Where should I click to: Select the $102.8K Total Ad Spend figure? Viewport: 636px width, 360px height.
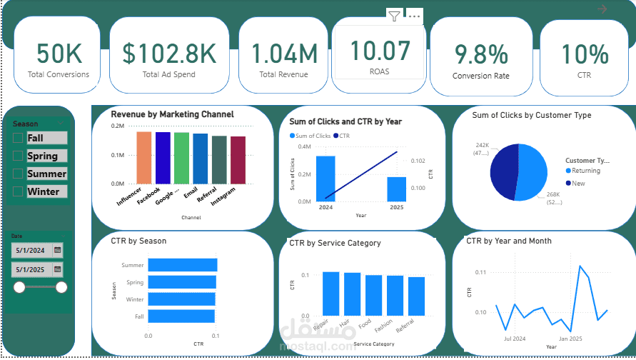coord(168,54)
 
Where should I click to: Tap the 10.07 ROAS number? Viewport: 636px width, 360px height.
coord(380,51)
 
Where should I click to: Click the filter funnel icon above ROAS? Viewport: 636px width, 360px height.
coord(393,15)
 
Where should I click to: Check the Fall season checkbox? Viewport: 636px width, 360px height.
coord(18,138)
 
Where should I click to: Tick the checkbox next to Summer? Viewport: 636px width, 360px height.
coord(18,174)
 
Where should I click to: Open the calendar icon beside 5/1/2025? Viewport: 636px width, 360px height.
coord(57,270)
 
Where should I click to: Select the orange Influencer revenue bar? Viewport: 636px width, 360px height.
coord(144,157)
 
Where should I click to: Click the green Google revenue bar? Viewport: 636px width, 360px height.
coord(181,157)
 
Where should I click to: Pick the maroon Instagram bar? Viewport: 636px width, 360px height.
coord(238,159)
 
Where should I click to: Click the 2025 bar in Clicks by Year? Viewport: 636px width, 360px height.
coord(396,189)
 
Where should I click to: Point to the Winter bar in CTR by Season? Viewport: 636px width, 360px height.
coord(181,299)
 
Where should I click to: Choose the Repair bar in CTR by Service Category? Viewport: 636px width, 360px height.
coord(330,293)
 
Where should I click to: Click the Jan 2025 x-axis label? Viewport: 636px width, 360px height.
coord(570,339)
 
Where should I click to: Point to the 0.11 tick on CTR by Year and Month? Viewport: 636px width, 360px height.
coord(480,272)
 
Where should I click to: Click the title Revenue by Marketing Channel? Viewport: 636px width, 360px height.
coord(172,114)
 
